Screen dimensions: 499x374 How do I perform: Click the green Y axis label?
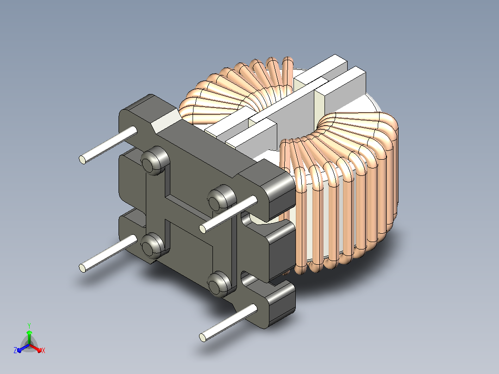(x=29, y=325)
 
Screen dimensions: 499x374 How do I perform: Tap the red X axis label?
(x=44, y=350)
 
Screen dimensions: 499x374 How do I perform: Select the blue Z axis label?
(x=15, y=350)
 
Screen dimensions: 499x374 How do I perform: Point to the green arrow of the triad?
(x=29, y=337)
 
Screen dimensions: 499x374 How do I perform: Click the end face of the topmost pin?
(x=82, y=160)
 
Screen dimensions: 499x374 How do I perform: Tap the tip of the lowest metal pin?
(x=202, y=337)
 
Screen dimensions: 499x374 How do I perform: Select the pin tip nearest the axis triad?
(x=82, y=268)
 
